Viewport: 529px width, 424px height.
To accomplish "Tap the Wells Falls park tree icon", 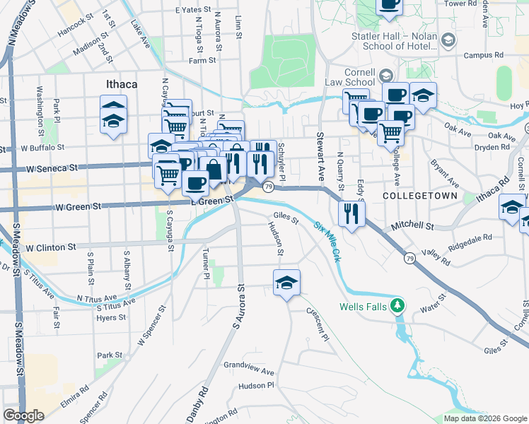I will point(398,305).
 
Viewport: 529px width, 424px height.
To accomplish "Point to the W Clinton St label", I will point(50,248).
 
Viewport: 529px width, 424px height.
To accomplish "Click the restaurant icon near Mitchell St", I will point(351,213).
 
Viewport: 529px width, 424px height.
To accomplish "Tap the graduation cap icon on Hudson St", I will point(286,283).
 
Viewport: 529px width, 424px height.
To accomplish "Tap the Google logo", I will point(23,416).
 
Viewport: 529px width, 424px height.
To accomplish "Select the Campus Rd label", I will point(483,55).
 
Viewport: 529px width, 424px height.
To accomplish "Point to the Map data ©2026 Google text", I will point(484,418).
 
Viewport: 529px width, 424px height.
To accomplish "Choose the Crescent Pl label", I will point(318,323).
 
